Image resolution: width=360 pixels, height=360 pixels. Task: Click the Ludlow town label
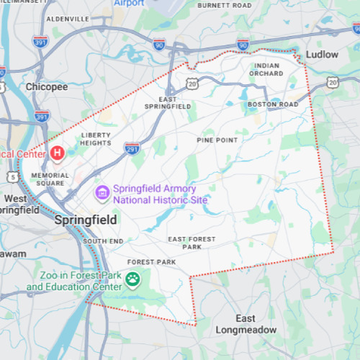pyautogui.click(x=321, y=54)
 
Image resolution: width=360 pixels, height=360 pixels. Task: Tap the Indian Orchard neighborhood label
pyautogui.click(x=266, y=70)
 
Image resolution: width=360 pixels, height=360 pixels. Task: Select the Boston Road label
pyautogui.click(x=272, y=104)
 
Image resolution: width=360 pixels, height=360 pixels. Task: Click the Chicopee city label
pyautogui.click(x=47, y=86)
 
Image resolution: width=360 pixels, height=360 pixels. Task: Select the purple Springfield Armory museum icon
pyautogui.click(x=102, y=192)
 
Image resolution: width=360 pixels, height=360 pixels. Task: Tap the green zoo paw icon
pyautogui.click(x=132, y=279)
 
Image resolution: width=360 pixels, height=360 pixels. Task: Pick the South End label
pyautogui.click(x=103, y=241)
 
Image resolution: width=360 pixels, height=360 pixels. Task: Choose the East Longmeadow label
pyautogui.click(x=245, y=324)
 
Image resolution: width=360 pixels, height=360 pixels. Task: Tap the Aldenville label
pyautogui.click(x=66, y=18)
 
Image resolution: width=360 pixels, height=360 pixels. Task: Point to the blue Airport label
pyautogui.click(x=129, y=3)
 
